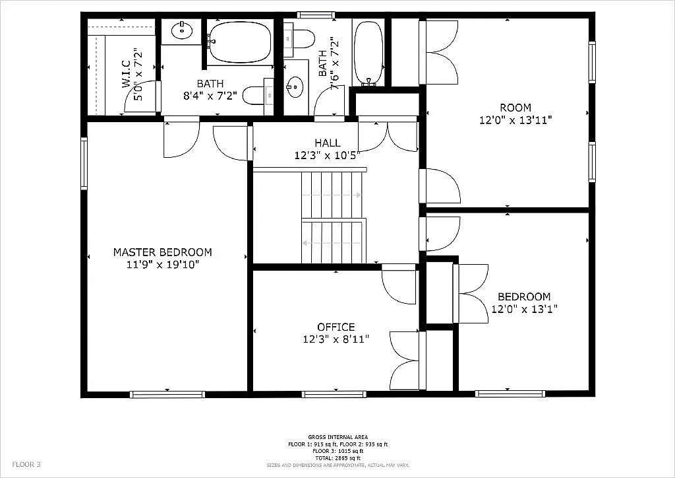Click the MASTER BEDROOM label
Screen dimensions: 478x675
[x=162, y=252]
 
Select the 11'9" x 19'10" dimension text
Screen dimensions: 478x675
[x=162, y=265]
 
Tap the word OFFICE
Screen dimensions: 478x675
[x=336, y=327]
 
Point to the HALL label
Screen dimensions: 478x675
[x=327, y=143]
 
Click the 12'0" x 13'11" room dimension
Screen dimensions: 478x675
[x=515, y=120]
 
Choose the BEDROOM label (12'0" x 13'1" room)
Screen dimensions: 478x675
[x=524, y=296]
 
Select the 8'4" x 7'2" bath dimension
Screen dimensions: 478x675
[x=210, y=96]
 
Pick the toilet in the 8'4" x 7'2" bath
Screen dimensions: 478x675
[x=254, y=96]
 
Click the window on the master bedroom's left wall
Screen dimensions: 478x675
[x=84, y=163]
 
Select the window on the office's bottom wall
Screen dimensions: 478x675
[x=334, y=395]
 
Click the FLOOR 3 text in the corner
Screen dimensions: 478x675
[x=26, y=464]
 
